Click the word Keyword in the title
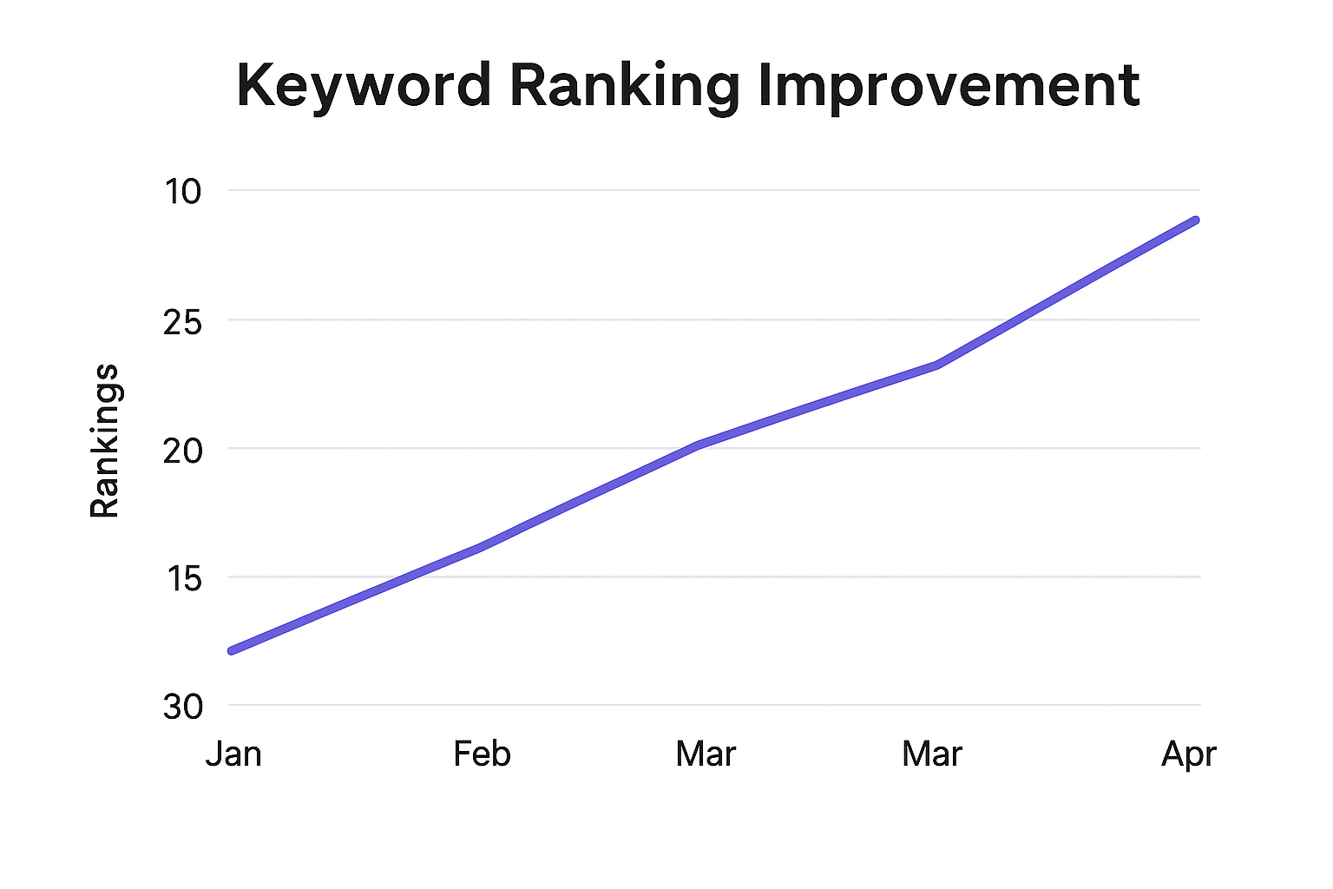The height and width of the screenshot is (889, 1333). tap(363, 86)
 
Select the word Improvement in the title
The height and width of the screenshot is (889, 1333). tap(949, 86)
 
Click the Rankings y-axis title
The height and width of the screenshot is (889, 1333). tap(105, 441)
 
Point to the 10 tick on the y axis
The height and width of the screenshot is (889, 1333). tap(182, 191)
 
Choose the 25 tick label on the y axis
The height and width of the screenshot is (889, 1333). tap(182, 322)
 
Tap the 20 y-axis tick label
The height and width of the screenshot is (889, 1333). tap(182, 450)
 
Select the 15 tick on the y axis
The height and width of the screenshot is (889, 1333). tap(184, 578)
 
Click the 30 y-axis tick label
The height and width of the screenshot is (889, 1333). tap(182, 707)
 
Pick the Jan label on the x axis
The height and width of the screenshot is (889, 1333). tap(233, 754)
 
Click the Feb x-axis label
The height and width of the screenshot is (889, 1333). tap(482, 754)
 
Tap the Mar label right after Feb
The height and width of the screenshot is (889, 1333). tap(706, 754)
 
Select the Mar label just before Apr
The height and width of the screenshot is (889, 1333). tap(932, 754)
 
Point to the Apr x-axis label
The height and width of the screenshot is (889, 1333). tap(1188, 754)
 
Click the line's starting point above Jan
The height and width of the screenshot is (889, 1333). tap(231, 650)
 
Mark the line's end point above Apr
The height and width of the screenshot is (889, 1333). tap(1195, 221)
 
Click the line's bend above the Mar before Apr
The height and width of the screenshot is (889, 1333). tap(937, 365)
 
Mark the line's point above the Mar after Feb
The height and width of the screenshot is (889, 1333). tap(699, 444)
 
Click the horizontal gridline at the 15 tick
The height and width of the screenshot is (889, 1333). tap(781, 576)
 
